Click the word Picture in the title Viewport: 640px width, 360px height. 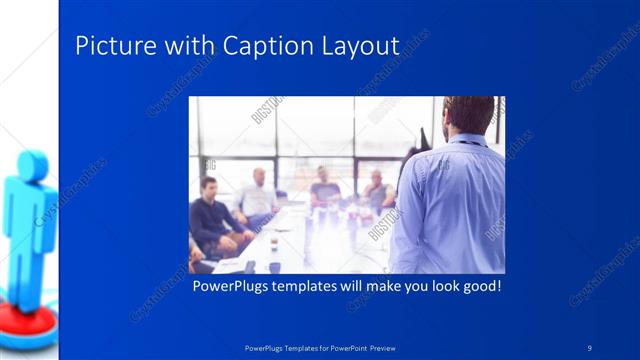click(x=109, y=46)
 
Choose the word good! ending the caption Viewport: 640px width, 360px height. click(x=478, y=287)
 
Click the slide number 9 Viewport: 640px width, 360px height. click(x=590, y=347)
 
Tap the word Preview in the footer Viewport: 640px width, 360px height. click(x=391, y=348)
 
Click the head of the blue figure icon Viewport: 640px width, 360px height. click(x=30, y=166)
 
